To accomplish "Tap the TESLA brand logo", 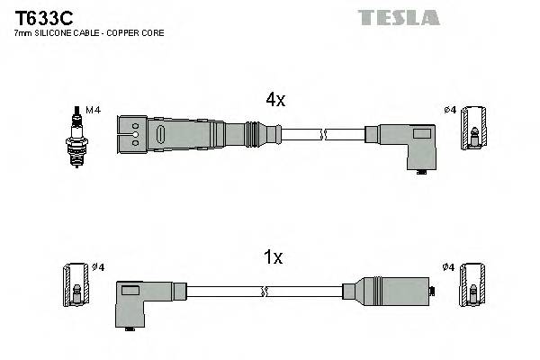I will click(x=399, y=16).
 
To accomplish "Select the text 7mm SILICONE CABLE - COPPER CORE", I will click(x=88, y=33).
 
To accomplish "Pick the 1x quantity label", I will click(x=273, y=258).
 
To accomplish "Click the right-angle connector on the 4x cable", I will click(x=407, y=142).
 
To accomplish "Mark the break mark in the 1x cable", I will click(x=265, y=292).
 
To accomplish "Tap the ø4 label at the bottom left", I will click(x=99, y=267).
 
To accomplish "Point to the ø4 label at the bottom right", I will click(x=450, y=267).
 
